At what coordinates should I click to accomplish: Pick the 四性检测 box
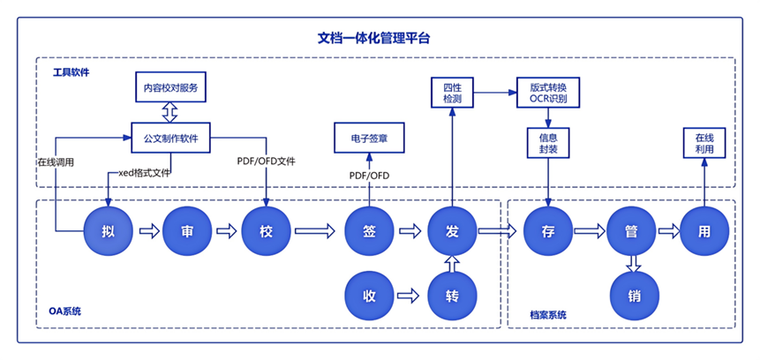(x=452, y=93)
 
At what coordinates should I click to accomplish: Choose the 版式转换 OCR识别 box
(x=547, y=93)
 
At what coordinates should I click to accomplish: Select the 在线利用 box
(x=704, y=145)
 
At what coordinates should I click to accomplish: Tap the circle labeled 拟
(x=109, y=231)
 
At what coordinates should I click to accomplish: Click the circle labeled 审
(x=187, y=231)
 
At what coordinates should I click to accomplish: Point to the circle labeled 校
(x=266, y=231)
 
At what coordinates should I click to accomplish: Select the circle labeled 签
(x=370, y=231)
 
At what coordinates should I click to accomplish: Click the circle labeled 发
(x=452, y=231)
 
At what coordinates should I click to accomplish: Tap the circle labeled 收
(x=370, y=293)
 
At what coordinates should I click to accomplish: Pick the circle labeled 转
(x=452, y=293)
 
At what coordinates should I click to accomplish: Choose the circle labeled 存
(x=547, y=231)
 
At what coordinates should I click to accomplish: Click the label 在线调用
(x=55, y=162)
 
